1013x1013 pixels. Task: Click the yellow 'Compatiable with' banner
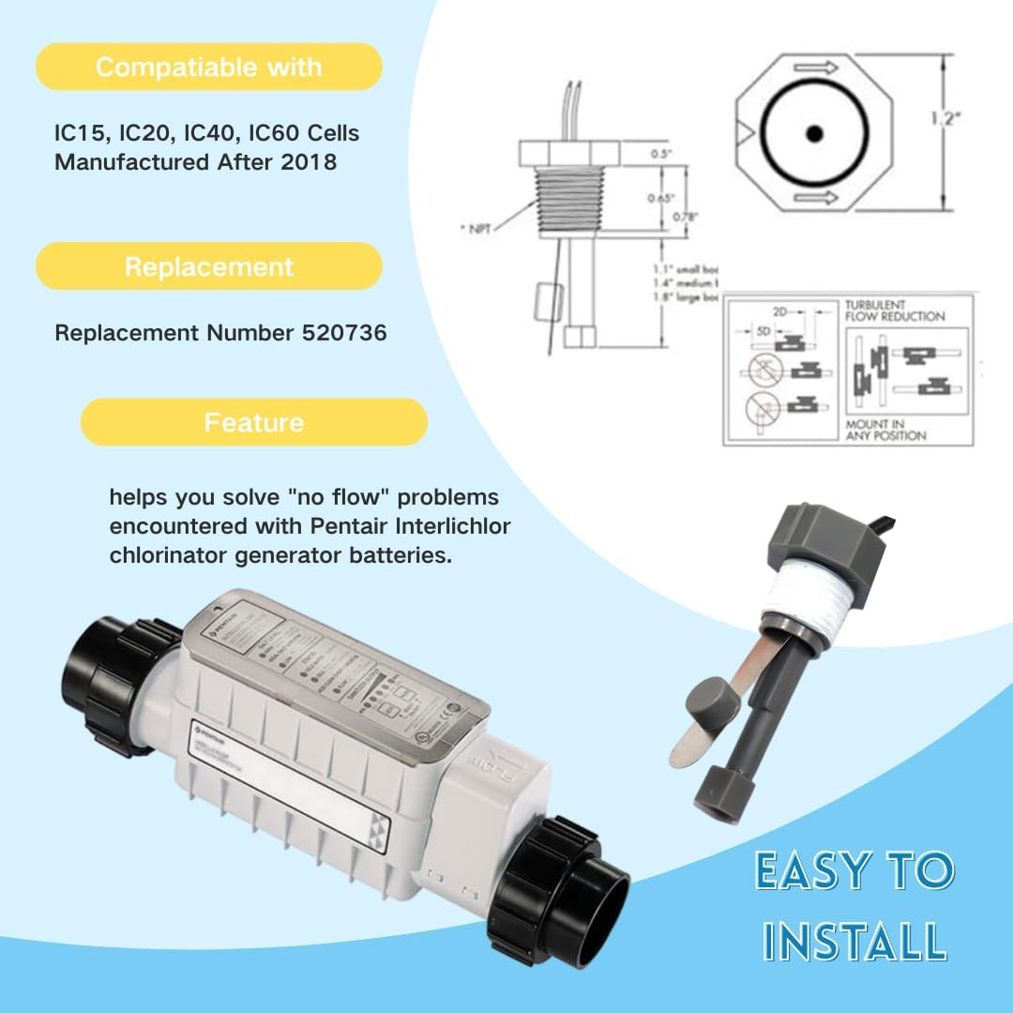tap(208, 68)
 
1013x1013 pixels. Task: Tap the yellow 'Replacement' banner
tap(208, 266)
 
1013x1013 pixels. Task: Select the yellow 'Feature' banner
tap(254, 422)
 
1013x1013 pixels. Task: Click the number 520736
tap(340, 333)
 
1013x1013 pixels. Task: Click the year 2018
tap(310, 161)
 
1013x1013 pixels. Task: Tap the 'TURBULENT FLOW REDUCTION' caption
tap(894, 310)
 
